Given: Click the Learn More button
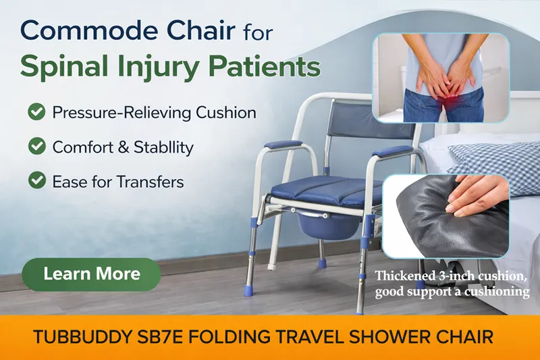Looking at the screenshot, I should click(x=91, y=274).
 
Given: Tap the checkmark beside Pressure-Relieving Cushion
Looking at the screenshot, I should click(x=36, y=111).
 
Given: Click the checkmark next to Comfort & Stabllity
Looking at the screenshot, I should click(x=36, y=146).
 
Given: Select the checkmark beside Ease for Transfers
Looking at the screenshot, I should click(x=36, y=180).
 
